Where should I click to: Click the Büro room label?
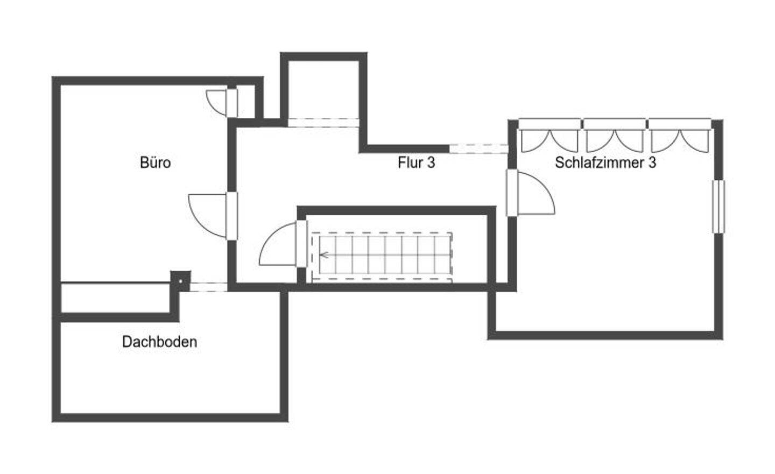tap(155, 162)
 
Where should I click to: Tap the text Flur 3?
tap(416, 162)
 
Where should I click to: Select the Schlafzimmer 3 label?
tap(605, 162)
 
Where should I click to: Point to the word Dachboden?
tap(159, 342)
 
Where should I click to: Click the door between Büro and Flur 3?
tap(231, 215)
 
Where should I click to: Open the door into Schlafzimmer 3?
tap(512, 192)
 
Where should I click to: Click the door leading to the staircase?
tap(301, 243)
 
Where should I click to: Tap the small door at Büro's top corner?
tap(231, 102)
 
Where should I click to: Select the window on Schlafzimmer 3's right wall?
tap(718, 207)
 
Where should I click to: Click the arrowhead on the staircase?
tap(323, 256)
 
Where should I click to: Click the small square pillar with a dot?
tap(181, 280)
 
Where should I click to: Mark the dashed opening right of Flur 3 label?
tap(478, 148)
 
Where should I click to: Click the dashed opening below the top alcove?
tap(323, 122)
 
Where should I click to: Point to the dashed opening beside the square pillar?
tap(209, 287)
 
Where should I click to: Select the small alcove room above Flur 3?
tap(323, 89)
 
